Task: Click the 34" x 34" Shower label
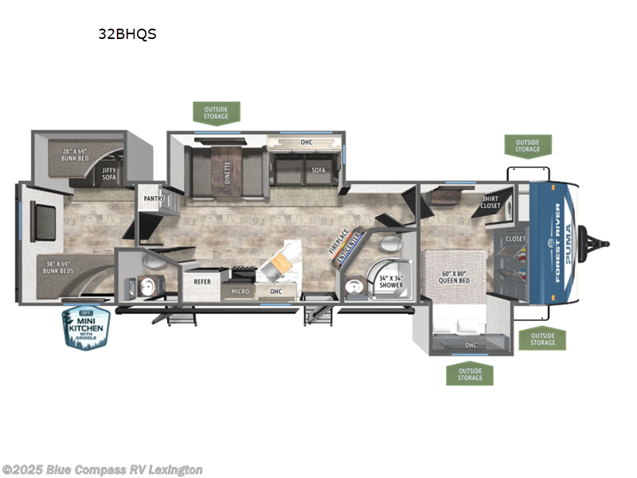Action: coord(390,281)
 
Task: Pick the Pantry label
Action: coord(154,198)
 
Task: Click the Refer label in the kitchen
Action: coord(201,280)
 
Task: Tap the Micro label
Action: coord(240,292)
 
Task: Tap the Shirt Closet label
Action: coord(491,202)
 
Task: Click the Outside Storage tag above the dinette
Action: coord(217,113)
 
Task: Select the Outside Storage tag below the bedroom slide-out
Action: coord(471,373)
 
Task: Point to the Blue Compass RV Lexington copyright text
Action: coord(103,469)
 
